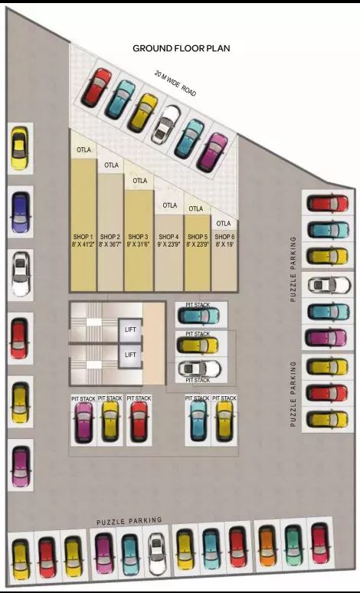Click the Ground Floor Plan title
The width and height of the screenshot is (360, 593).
pos(182,48)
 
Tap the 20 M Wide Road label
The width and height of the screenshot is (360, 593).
pos(175,84)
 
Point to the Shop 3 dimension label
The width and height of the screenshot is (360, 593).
pos(138,244)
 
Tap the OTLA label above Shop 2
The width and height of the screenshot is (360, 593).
pos(111,165)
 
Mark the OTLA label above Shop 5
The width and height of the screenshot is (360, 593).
pos(196,208)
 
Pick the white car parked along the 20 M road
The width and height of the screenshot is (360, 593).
pos(165,123)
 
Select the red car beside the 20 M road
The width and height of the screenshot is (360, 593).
pos(97,87)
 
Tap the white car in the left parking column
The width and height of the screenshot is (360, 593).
pos(20,275)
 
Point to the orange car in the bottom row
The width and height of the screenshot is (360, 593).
pos(267,545)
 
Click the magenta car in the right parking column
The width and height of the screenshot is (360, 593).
pos(328,336)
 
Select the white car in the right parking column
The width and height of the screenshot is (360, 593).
pos(328,285)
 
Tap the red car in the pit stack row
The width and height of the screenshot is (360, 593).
pos(139,420)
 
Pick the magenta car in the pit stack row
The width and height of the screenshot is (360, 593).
pos(83,421)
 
